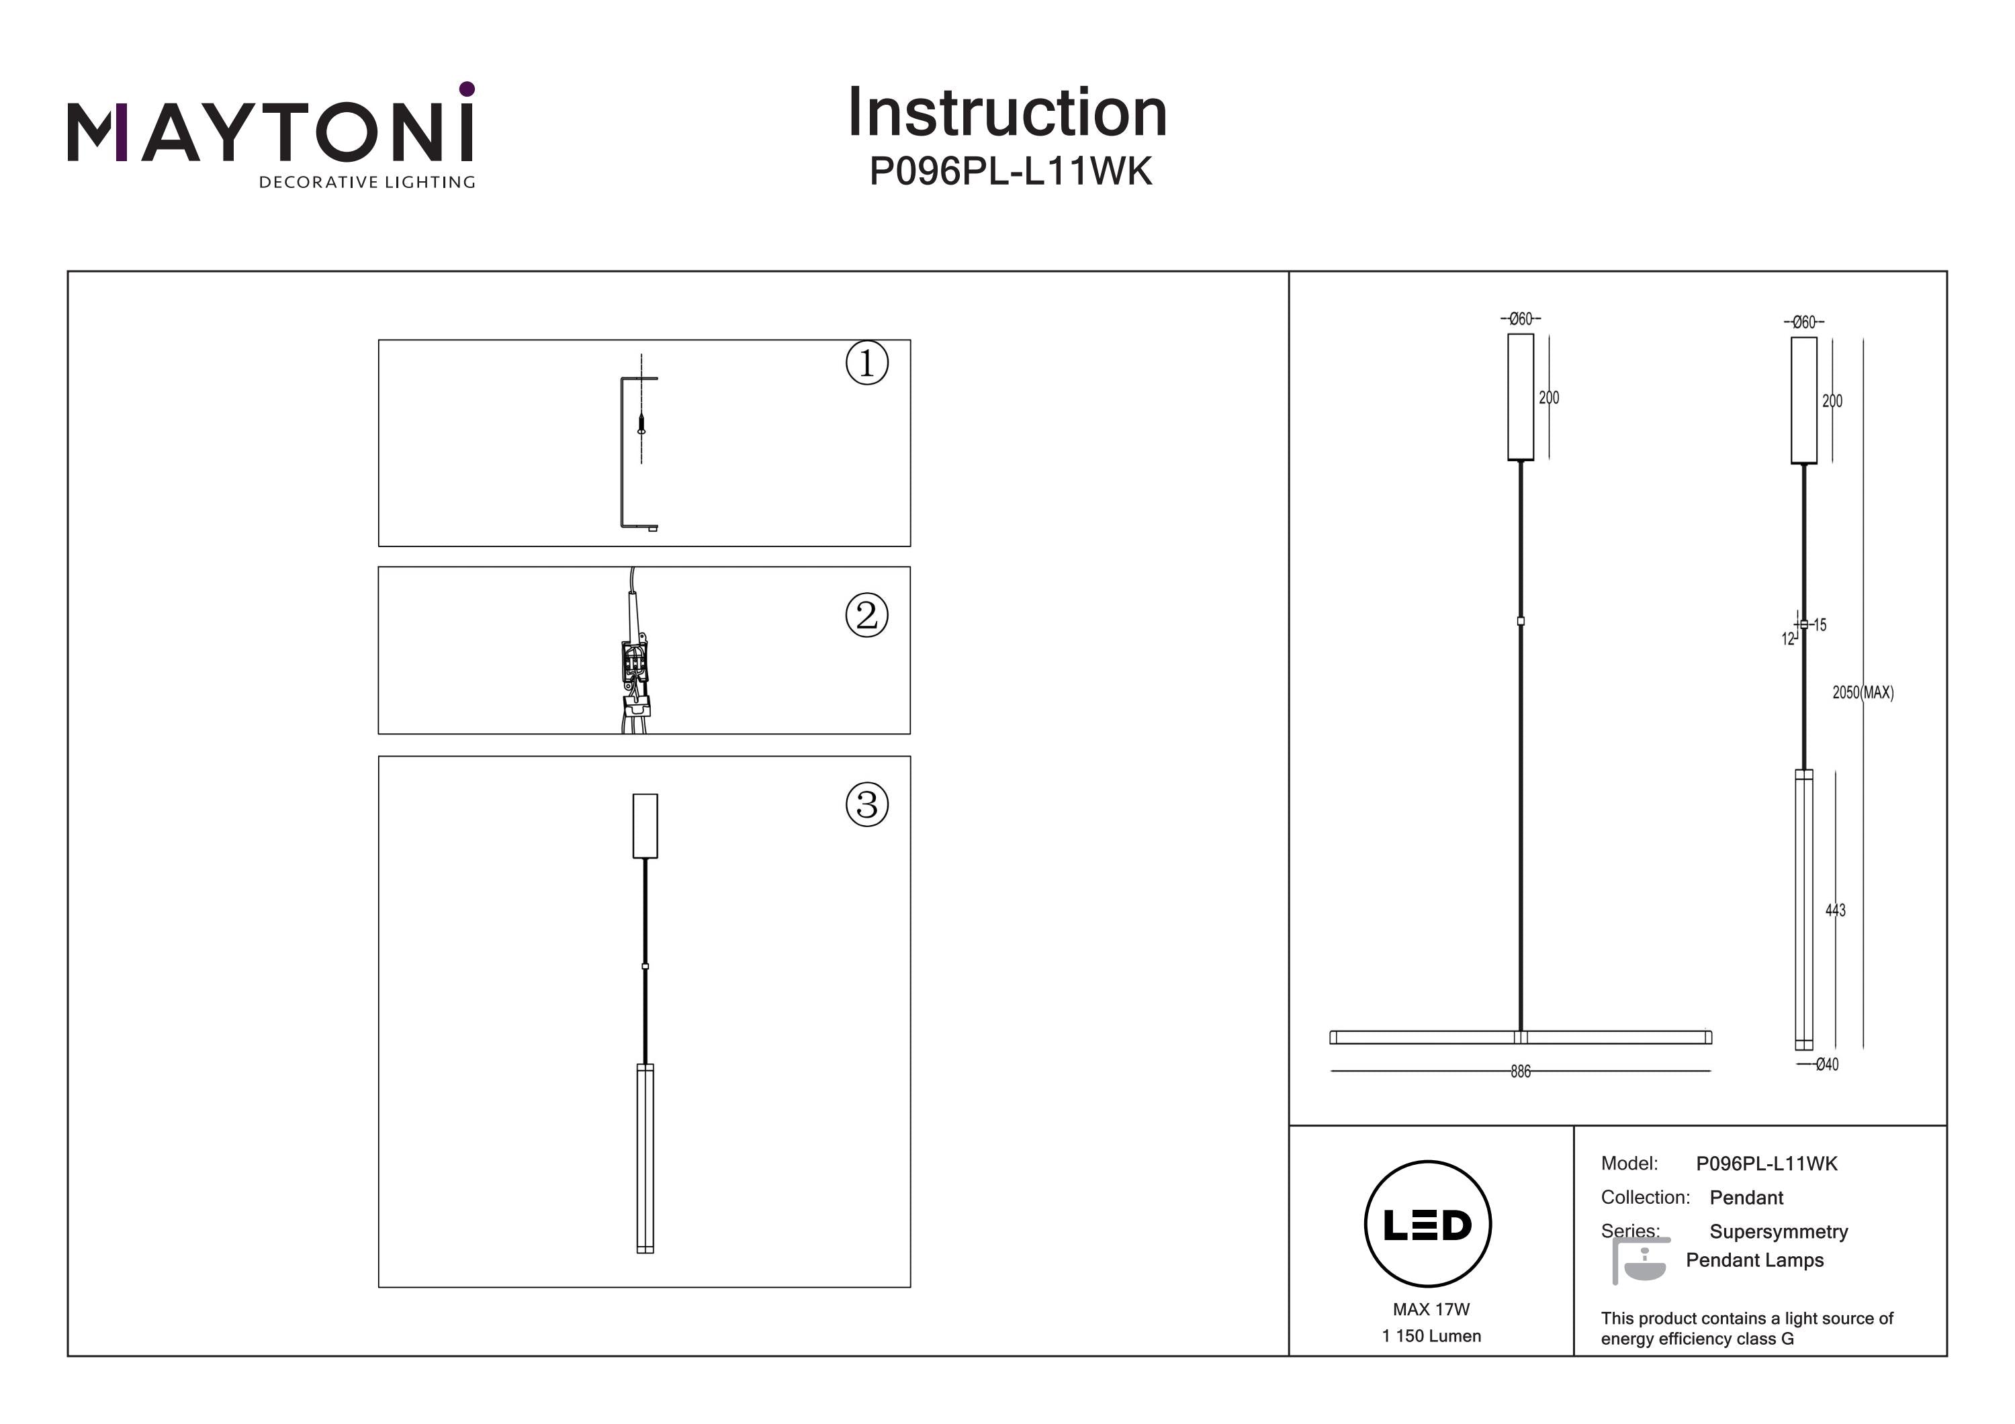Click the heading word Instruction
pyautogui.click(x=1007, y=113)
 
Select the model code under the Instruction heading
pyautogui.click(x=1010, y=172)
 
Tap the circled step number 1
pyautogui.click(x=866, y=363)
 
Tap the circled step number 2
pyautogui.click(x=866, y=615)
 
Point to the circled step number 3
pyautogui.click(x=866, y=804)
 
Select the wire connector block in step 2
pyautogui.click(x=635, y=663)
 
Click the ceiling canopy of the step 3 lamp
pyautogui.click(x=645, y=826)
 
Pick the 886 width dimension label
pyautogui.click(x=1520, y=1072)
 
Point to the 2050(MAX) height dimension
pyautogui.click(x=1863, y=692)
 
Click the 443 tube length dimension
pyautogui.click(x=1834, y=910)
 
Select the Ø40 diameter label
pyautogui.click(x=1826, y=1064)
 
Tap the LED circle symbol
pyautogui.click(x=1427, y=1225)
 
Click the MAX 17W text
pyautogui.click(x=1431, y=1309)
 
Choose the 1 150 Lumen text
pyautogui.click(x=1431, y=1336)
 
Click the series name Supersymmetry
pyautogui.click(x=1778, y=1232)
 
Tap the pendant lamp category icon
pyautogui.click(x=1640, y=1262)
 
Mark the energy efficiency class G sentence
pyautogui.click(x=1746, y=1329)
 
